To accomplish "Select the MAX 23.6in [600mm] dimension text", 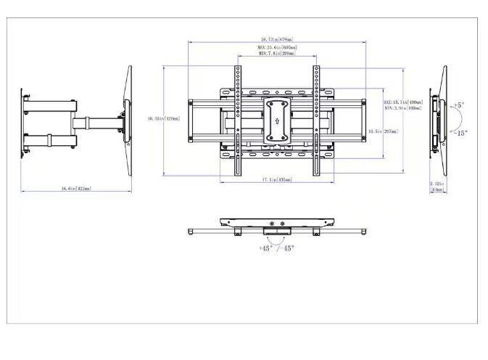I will tap(276, 48).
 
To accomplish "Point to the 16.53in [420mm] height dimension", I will tap(163, 118).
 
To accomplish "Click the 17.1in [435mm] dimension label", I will tap(276, 179).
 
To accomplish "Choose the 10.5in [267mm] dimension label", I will tap(383, 131).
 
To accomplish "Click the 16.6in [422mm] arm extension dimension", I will tap(75, 189).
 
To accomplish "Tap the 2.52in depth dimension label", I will tap(437, 184).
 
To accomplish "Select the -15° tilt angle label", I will tap(460, 133).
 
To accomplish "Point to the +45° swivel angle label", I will tap(266, 248).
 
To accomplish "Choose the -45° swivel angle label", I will tap(288, 248).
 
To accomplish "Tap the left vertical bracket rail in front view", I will tap(237, 120).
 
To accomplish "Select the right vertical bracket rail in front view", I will tap(316, 120).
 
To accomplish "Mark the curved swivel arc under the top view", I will tap(276, 240).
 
